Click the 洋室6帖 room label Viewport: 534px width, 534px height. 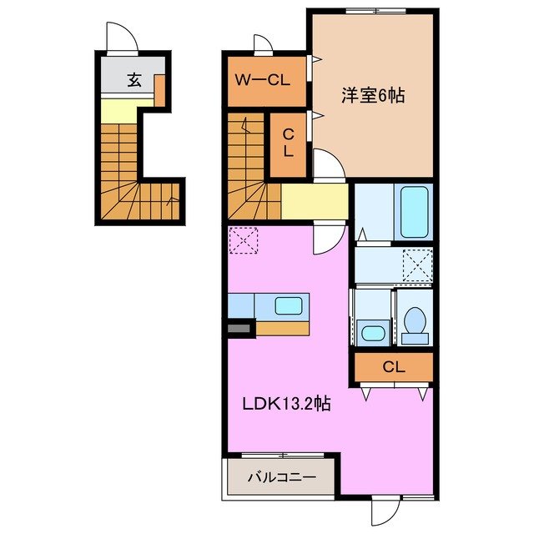click(372, 96)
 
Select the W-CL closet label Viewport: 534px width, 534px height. click(260, 82)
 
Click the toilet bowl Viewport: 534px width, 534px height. click(413, 322)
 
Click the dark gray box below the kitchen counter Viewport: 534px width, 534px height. click(239, 330)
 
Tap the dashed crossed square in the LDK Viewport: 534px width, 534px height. click(244, 241)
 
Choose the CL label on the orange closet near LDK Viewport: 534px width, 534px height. click(394, 366)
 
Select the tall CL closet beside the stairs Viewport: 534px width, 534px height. click(286, 144)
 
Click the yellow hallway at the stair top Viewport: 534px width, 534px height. click(315, 201)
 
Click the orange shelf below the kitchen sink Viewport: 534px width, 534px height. click(282, 328)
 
